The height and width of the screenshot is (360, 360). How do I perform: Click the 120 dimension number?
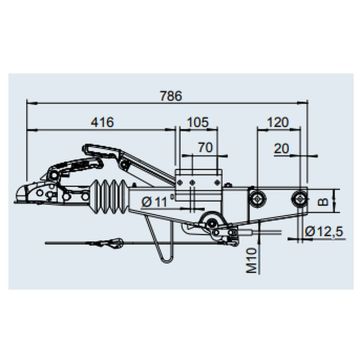pyautogui.click(x=279, y=123)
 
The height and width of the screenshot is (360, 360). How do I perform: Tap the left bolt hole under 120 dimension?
pyautogui.click(x=259, y=196)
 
